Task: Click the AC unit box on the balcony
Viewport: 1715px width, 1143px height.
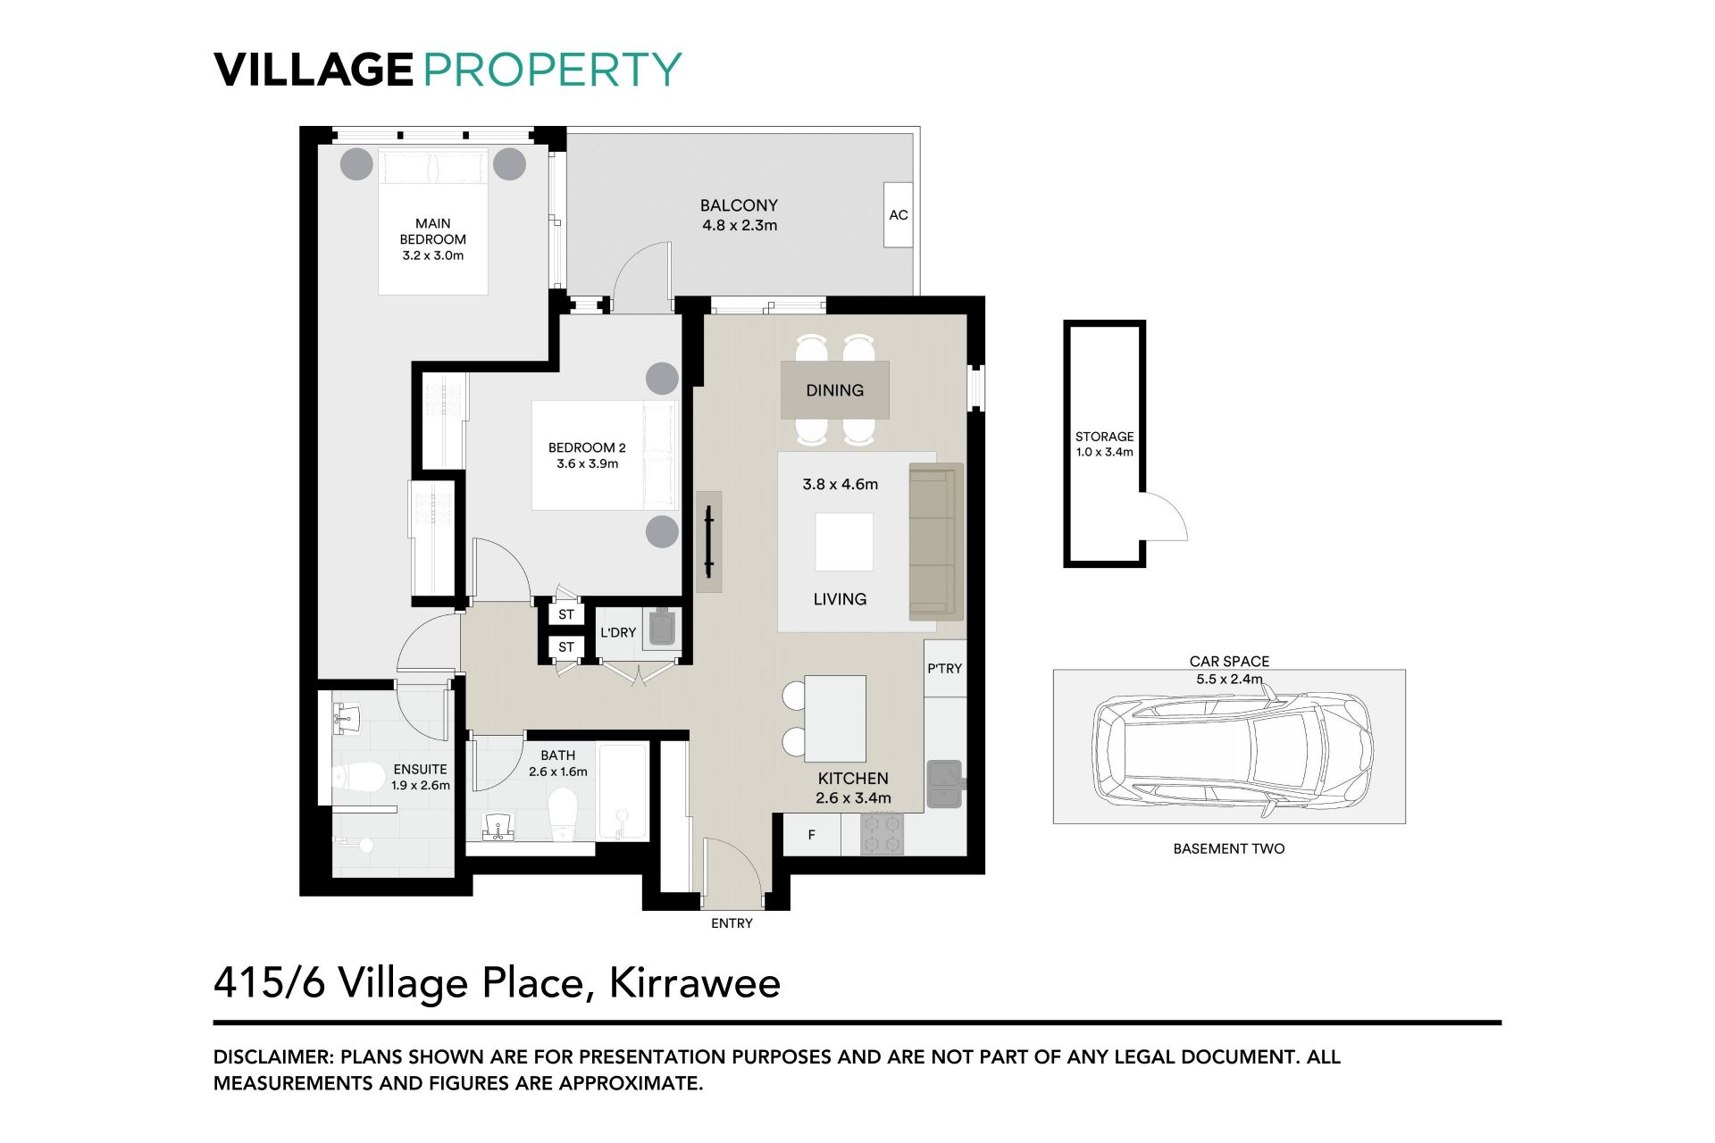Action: click(899, 214)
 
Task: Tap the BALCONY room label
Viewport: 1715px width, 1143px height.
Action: click(739, 205)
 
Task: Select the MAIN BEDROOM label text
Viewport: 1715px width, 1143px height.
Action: click(433, 231)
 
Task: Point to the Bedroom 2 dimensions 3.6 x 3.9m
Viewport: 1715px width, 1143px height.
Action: click(587, 463)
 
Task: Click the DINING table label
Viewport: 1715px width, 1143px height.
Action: click(834, 390)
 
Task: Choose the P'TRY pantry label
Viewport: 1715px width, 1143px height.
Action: click(944, 668)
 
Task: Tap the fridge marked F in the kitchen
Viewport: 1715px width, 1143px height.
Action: click(812, 835)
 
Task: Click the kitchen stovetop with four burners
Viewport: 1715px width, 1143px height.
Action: click(882, 834)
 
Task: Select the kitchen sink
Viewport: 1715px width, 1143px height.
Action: click(944, 783)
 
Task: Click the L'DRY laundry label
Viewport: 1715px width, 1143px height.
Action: click(617, 632)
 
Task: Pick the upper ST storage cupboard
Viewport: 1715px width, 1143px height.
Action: click(566, 614)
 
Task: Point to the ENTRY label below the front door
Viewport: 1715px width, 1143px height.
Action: click(732, 923)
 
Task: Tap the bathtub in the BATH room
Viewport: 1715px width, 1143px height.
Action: click(623, 791)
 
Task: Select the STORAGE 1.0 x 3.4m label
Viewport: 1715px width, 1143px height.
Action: click(1104, 444)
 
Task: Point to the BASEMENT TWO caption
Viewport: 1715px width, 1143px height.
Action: click(1229, 848)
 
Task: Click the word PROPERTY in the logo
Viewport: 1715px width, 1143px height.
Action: click(552, 70)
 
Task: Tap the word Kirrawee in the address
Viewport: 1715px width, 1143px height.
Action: click(695, 983)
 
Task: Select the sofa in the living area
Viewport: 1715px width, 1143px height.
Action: click(935, 542)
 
